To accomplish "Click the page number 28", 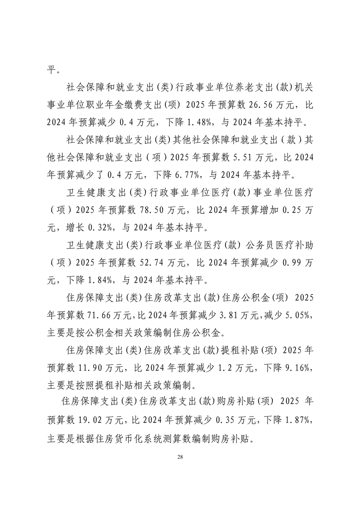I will [x=180, y=457].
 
